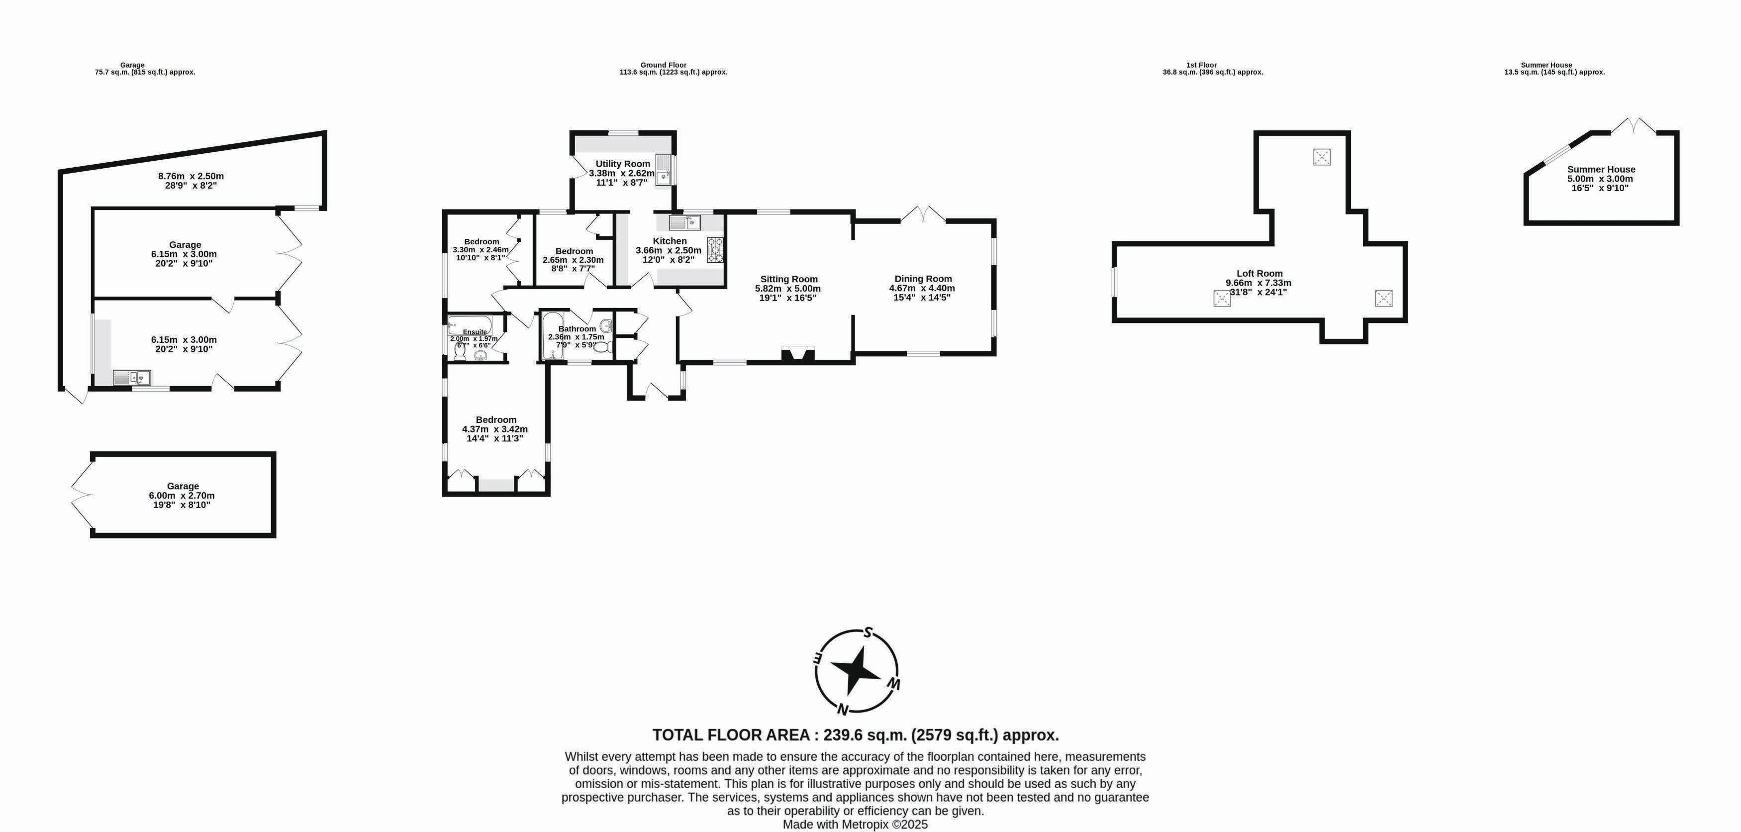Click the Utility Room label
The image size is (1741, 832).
click(x=622, y=164)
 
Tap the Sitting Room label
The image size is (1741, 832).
click(x=789, y=279)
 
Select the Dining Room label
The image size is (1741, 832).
click(x=923, y=279)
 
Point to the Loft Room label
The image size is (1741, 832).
click(x=1259, y=274)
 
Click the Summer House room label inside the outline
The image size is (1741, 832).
click(x=1601, y=170)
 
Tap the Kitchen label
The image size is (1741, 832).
click(x=670, y=241)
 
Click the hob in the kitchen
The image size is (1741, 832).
click(x=715, y=250)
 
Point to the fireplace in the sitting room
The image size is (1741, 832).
click(x=798, y=354)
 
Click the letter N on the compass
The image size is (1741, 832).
click(x=842, y=709)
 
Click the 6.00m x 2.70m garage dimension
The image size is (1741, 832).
click(x=182, y=496)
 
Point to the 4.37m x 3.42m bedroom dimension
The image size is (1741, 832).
click(x=495, y=429)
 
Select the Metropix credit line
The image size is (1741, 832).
click(x=855, y=825)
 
